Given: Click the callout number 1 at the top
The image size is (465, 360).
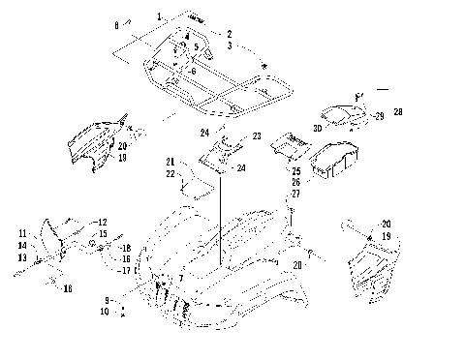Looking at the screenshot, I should (160, 16).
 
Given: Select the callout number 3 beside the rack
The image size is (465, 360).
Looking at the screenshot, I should (230, 45).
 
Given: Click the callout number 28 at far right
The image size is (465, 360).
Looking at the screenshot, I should (398, 112).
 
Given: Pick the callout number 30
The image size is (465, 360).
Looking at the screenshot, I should (316, 128).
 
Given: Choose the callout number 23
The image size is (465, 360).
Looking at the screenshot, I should (257, 137).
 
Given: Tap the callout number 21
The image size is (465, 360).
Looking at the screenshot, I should (170, 161).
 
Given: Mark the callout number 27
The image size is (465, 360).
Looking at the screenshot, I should (296, 195).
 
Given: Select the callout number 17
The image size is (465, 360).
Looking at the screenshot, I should (126, 270).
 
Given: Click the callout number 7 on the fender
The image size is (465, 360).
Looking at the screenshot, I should (180, 279).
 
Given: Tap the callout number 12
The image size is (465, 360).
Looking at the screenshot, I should (103, 223).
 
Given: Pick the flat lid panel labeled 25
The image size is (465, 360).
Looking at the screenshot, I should (291, 146).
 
